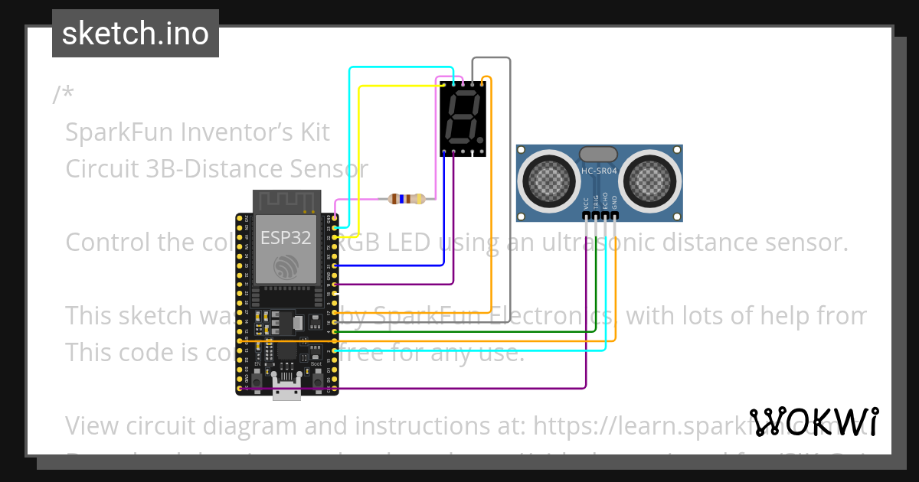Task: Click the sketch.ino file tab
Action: tap(135, 34)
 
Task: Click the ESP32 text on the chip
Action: tap(285, 237)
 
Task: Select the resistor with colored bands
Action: tap(406, 200)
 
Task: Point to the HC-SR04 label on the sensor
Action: tap(599, 171)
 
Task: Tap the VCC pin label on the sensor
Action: tap(586, 204)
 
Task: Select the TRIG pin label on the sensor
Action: tap(596, 204)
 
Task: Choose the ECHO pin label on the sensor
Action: tap(605, 202)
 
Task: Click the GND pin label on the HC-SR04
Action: tap(615, 204)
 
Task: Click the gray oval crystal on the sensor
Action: tap(599, 155)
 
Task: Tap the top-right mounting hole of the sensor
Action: tap(675, 150)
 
